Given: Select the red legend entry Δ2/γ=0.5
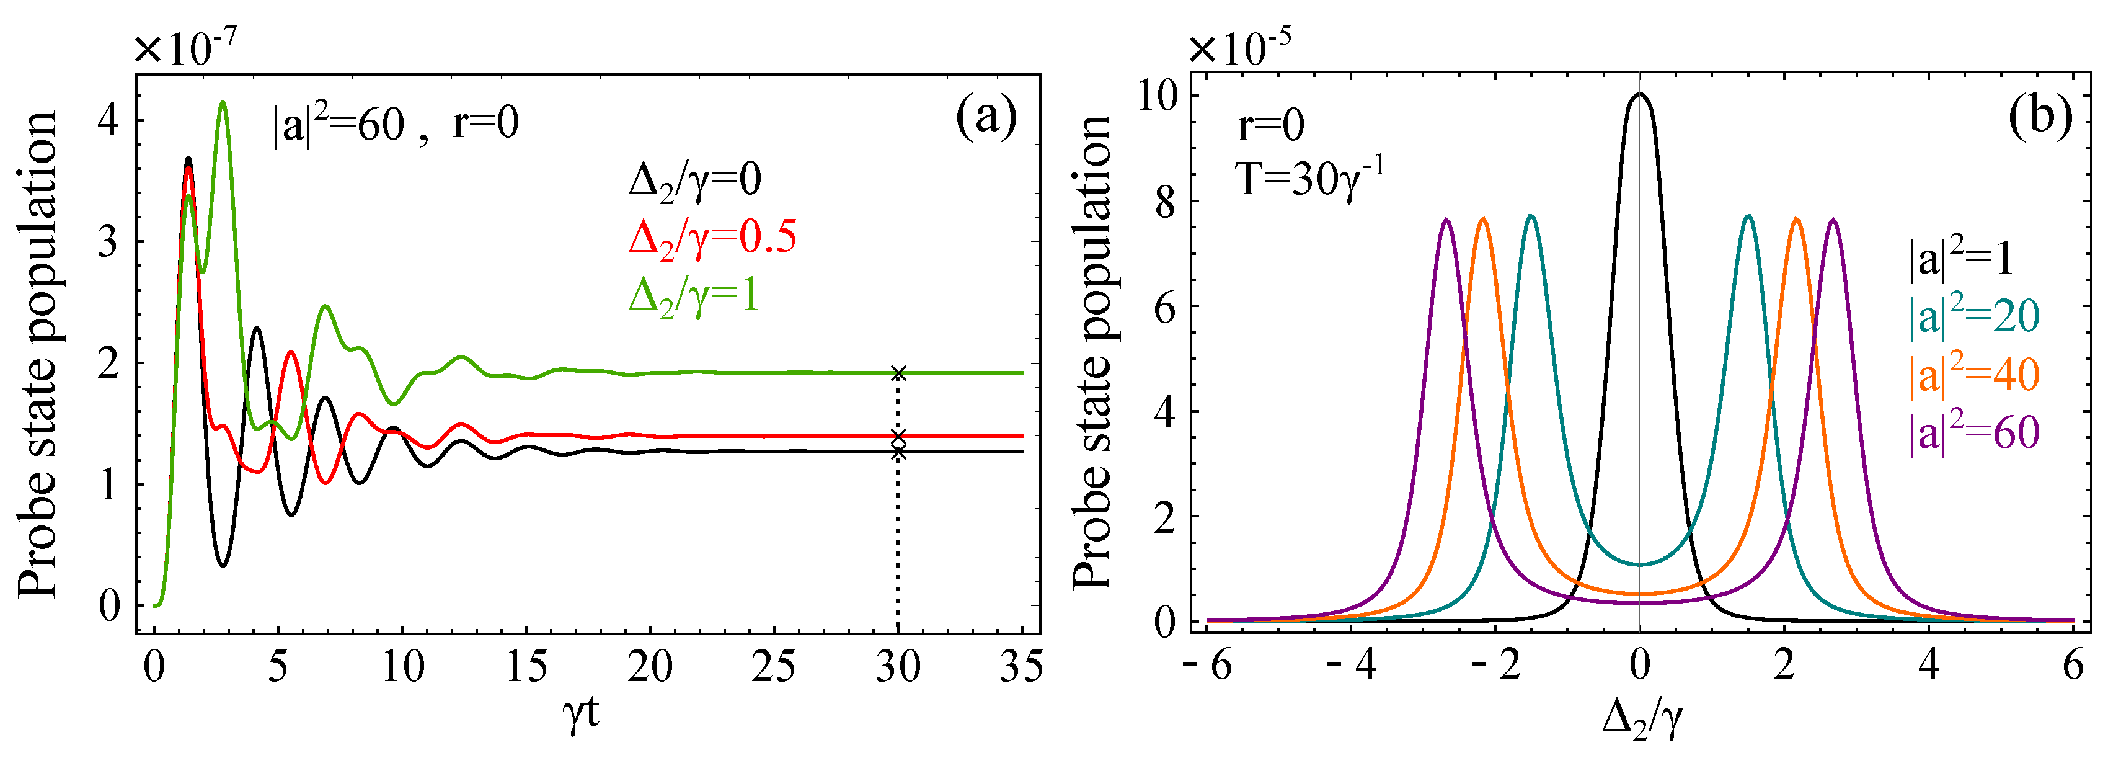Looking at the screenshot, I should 712,238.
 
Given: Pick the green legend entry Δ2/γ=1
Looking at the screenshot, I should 693,296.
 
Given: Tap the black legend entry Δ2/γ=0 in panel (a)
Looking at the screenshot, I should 695,180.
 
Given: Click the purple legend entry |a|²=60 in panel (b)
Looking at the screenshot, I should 1973,432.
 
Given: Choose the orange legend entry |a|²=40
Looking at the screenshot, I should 1973,374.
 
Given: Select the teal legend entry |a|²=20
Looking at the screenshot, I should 1973,316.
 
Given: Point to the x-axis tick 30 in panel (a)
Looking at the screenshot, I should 898,666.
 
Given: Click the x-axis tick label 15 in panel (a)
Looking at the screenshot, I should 526,666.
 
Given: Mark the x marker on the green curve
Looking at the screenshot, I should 898,373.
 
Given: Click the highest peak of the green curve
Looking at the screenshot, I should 223,103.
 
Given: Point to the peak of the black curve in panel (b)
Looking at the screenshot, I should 1639,94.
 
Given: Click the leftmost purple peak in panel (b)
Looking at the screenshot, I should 1446,220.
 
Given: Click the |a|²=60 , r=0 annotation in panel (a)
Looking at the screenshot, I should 396,125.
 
